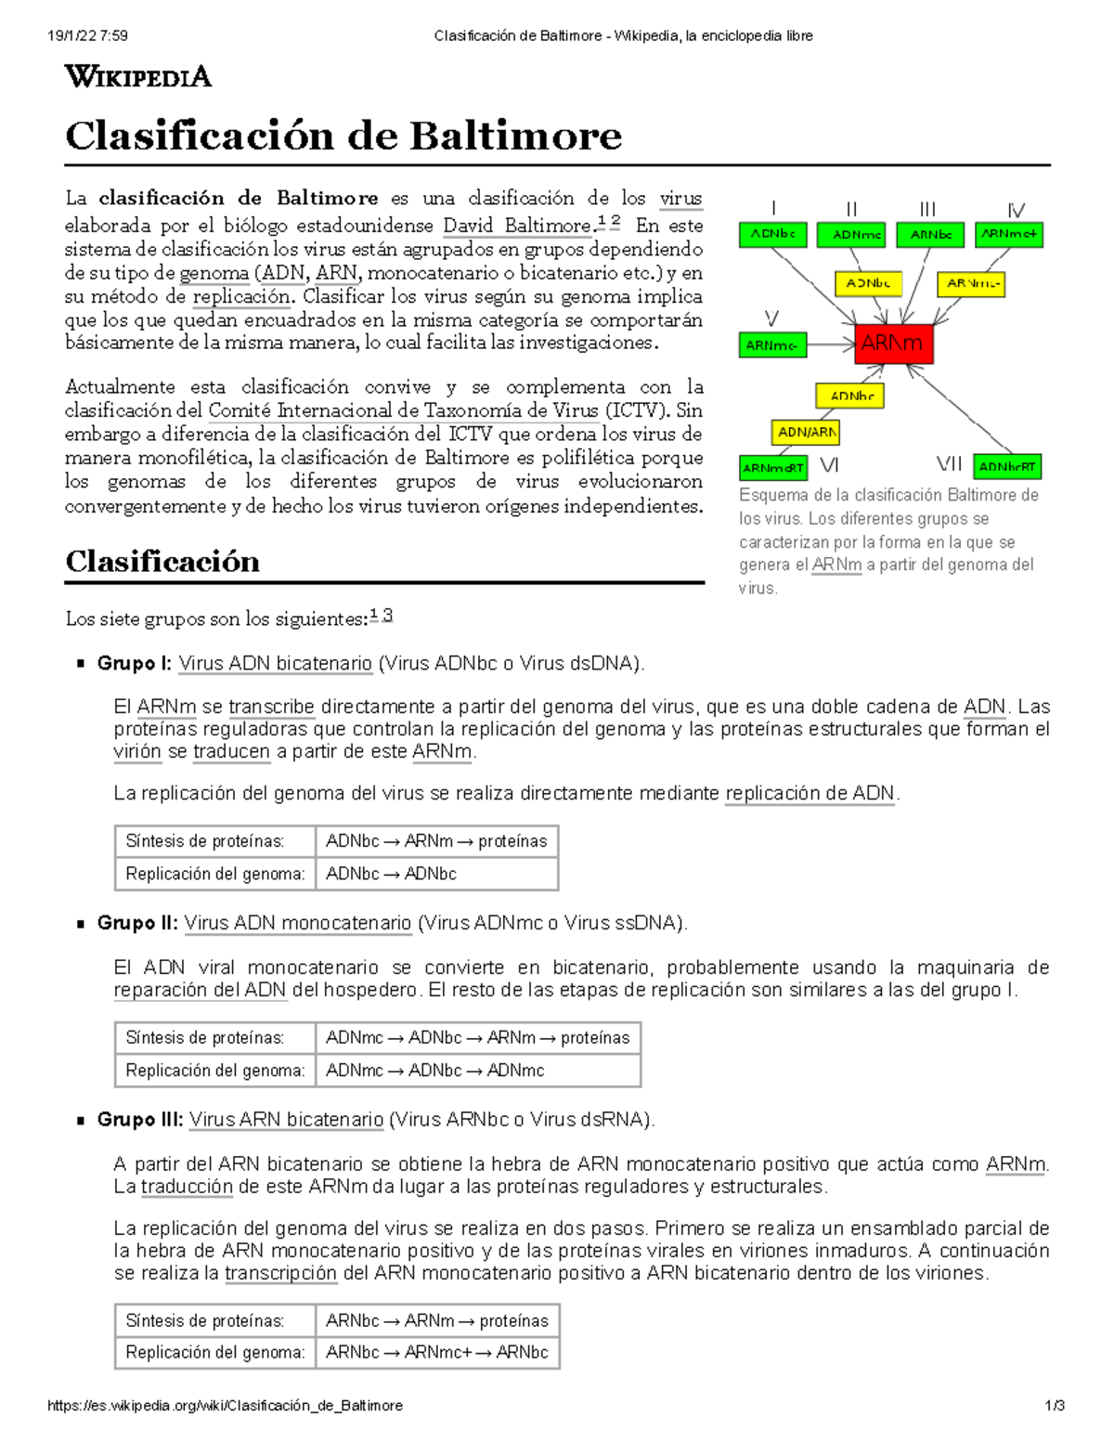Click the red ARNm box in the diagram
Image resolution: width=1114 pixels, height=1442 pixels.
point(893,344)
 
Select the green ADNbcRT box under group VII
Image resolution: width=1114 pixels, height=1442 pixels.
point(1007,467)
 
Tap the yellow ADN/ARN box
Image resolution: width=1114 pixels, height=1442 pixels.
point(806,432)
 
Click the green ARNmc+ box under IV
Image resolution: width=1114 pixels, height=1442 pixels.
point(1009,235)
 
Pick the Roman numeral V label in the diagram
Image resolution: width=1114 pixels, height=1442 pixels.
point(771,318)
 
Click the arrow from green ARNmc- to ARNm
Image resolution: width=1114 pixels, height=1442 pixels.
point(830,345)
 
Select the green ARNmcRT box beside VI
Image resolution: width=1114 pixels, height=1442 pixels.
point(772,468)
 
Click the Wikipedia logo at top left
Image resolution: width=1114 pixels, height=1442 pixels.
point(138,76)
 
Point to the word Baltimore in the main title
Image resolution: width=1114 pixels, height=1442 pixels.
point(515,136)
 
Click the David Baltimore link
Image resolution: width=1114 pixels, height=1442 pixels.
point(516,226)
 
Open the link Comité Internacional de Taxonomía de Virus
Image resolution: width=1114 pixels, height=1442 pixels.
point(403,410)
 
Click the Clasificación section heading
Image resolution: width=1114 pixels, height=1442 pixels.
point(162,562)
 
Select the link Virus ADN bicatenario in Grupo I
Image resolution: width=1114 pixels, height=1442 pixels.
point(275,663)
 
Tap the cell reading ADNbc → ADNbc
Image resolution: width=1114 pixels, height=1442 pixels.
point(391,874)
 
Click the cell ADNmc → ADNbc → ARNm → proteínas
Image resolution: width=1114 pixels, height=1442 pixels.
point(477,1038)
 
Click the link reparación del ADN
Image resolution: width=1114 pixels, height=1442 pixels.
point(200,990)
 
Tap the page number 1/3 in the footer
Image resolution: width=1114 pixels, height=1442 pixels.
point(1054,1406)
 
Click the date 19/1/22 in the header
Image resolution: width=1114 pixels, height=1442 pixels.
point(75,36)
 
